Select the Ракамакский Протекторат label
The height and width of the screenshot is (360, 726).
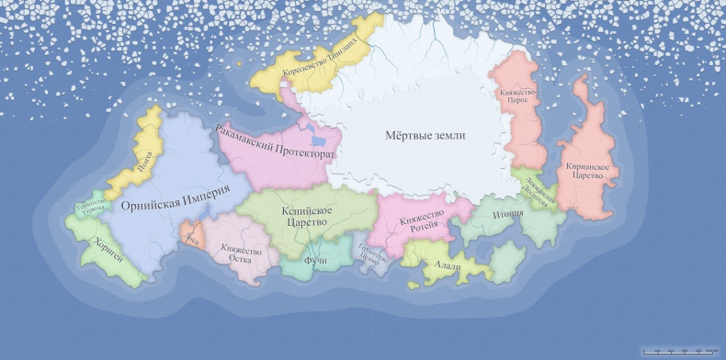click(x=276, y=144)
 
